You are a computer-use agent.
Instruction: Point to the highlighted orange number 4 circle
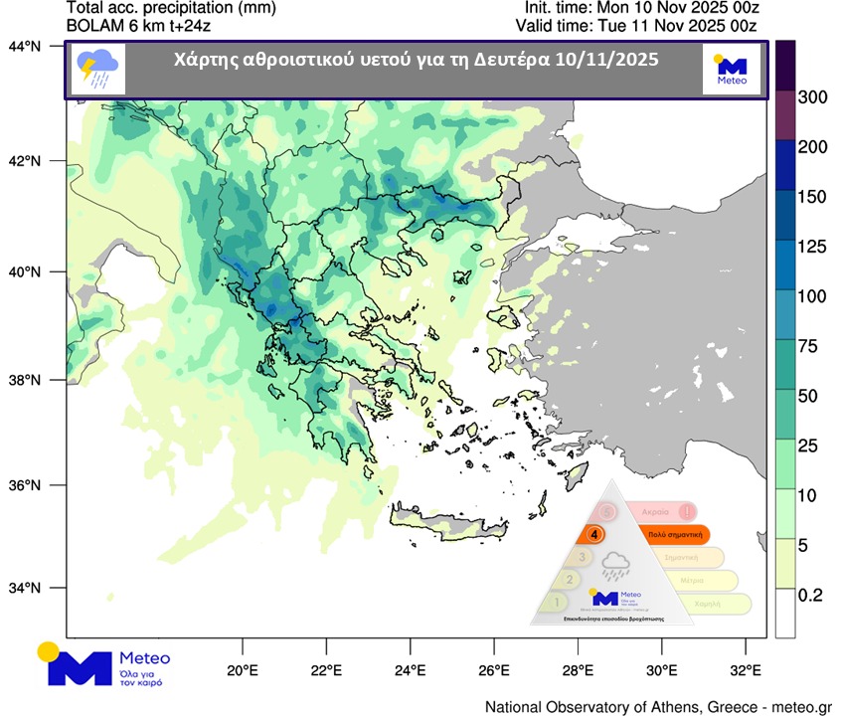[x=594, y=534]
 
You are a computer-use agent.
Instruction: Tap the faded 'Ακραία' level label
[x=654, y=510]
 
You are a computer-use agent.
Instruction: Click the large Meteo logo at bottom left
[x=103, y=664]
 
